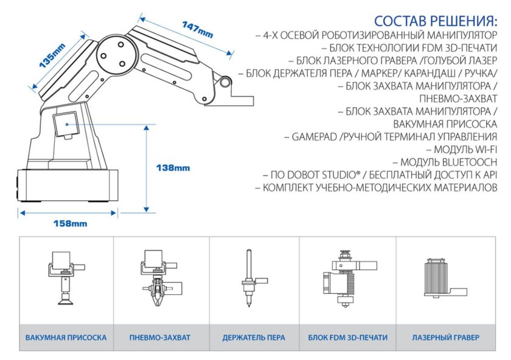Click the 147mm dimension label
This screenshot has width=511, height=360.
(197, 27)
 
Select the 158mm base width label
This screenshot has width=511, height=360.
(70, 223)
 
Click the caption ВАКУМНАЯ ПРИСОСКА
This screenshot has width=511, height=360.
(66, 337)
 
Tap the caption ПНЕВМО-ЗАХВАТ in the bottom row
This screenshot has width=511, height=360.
(160, 337)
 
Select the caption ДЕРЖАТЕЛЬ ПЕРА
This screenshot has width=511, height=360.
(254, 337)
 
